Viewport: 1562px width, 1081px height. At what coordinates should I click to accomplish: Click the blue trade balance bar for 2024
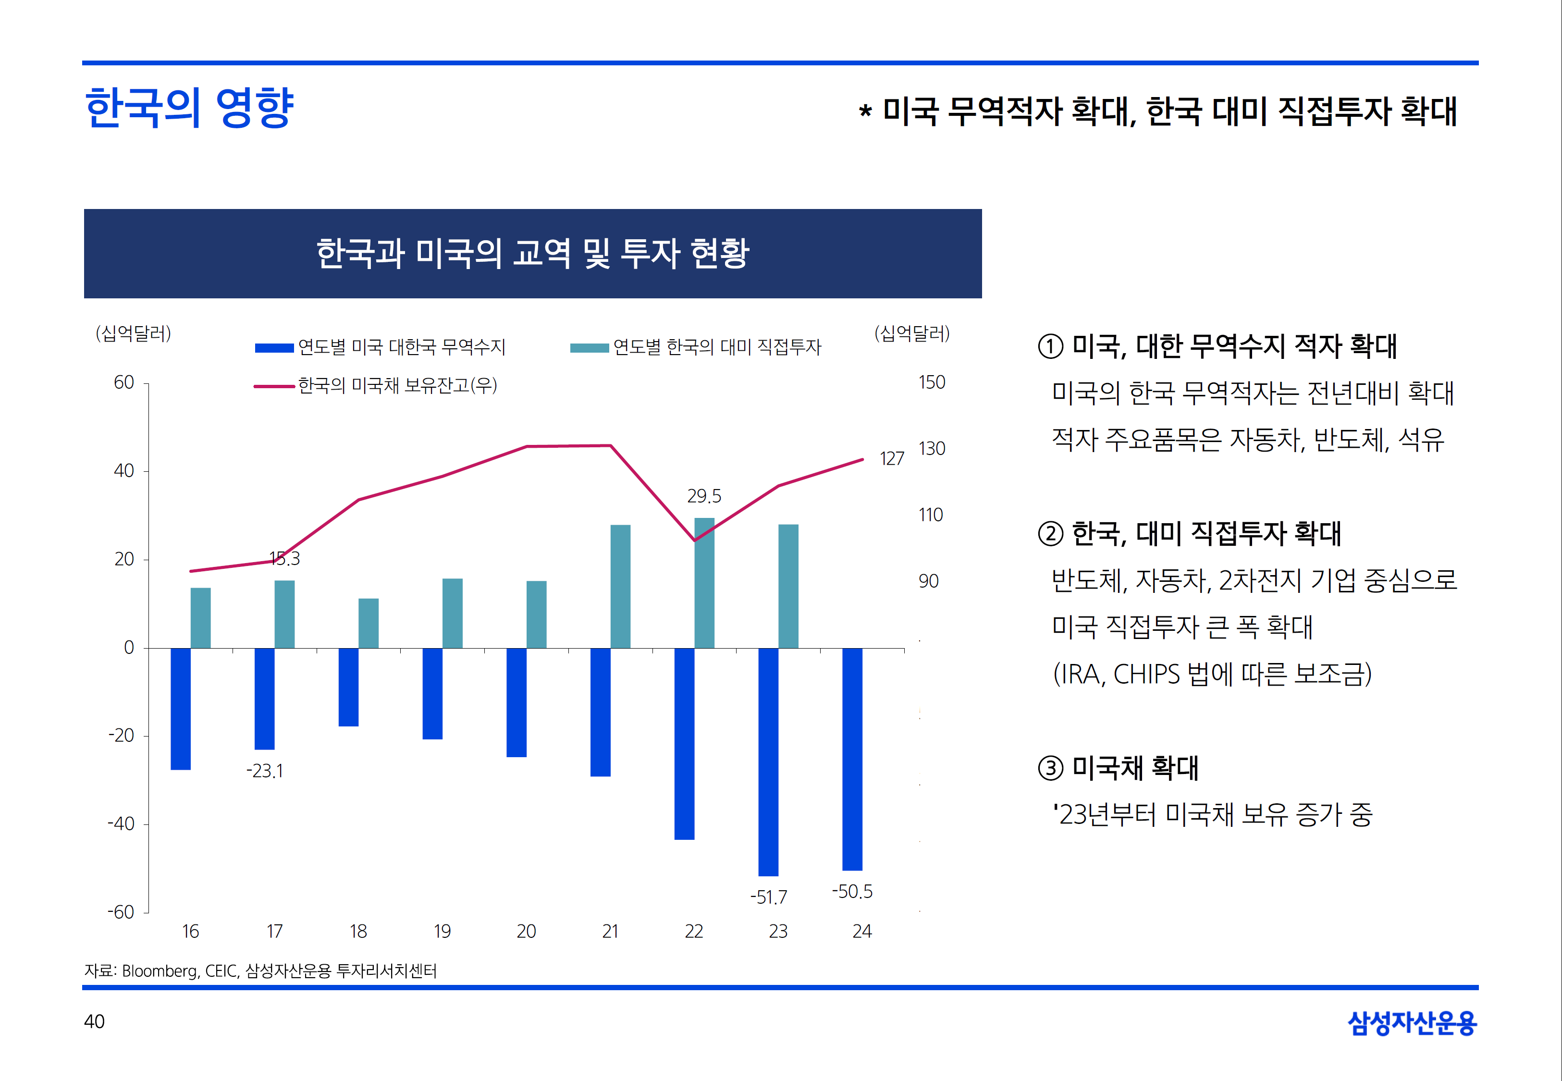[852, 759]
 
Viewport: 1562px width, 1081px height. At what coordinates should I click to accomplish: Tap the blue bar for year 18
[348, 687]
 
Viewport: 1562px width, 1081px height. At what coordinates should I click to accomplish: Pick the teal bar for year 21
[620, 587]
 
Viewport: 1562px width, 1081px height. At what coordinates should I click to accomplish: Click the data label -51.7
[769, 897]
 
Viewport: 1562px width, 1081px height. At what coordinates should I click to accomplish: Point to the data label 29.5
[704, 496]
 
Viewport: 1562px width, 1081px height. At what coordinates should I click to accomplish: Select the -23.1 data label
[265, 771]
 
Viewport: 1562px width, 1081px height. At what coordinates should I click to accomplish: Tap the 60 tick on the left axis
[124, 383]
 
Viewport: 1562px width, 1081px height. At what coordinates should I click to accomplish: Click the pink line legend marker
[274, 386]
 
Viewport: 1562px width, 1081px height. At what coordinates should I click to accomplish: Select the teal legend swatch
[590, 348]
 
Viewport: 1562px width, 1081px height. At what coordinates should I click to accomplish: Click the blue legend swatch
[274, 348]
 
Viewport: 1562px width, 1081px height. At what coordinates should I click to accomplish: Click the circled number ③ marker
[1051, 769]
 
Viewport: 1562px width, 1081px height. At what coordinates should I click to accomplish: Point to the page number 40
[94, 1021]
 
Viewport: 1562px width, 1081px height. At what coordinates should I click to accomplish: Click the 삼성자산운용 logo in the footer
[1412, 1023]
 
